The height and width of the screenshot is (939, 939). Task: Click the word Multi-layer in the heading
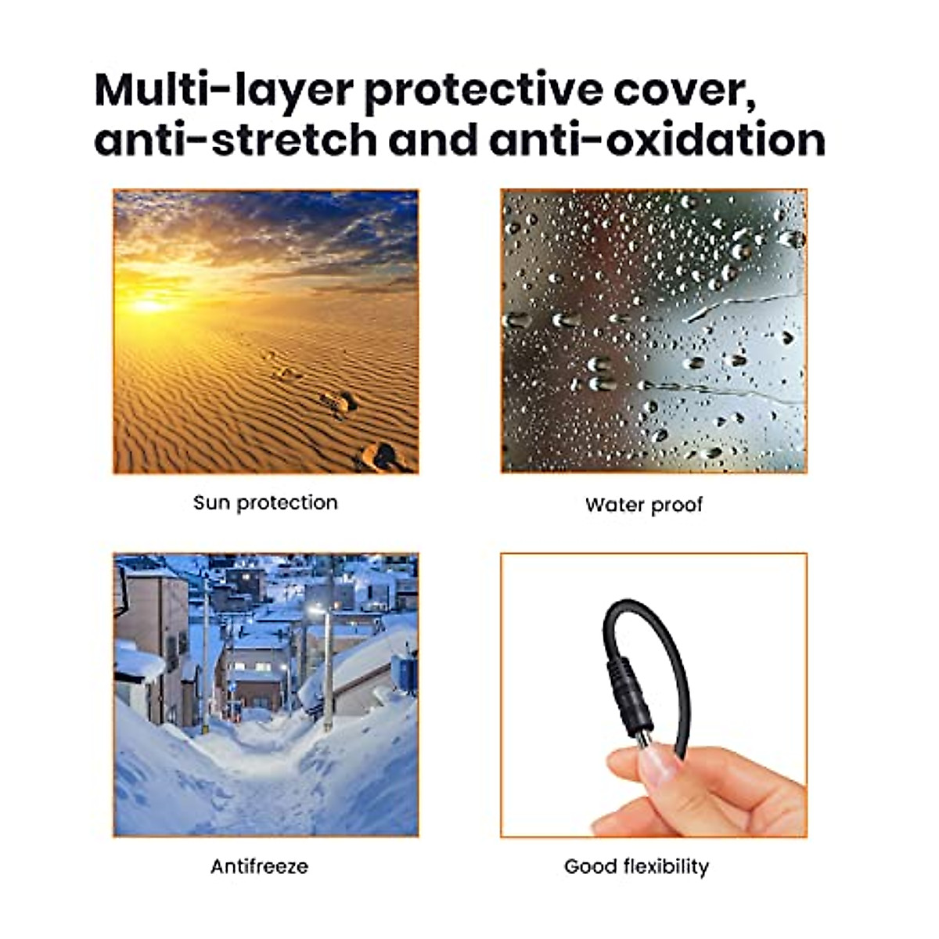pyautogui.click(x=222, y=92)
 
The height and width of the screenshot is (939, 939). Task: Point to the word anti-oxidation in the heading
pyautogui.click(x=657, y=141)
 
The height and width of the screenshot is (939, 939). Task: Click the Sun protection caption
pyautogui.click(x=265, y=502)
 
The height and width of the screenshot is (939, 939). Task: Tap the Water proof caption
pyautogui.click(x=643, y=505)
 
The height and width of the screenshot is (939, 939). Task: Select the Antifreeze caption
pyautogui.click(x=259, y=866)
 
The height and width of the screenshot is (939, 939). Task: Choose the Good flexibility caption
pyautogui.click(x=636, y=866)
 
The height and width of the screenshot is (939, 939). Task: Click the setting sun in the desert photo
pyautogui.click(x=148, y=303)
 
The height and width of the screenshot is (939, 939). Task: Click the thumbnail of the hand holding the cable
pyautogui.click(x=653, y=695)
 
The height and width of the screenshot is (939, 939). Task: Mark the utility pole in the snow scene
pyautogui.click(x=329, y=673)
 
